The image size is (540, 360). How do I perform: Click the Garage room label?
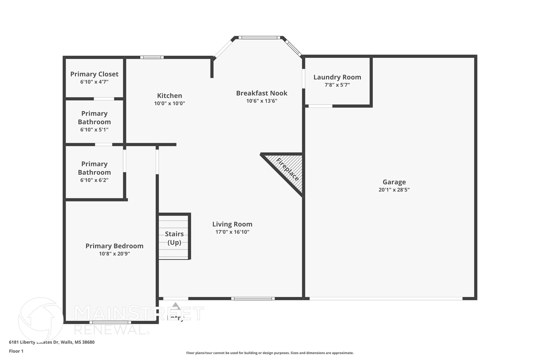(394, 182)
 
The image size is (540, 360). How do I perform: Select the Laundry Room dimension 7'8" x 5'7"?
(337, 85)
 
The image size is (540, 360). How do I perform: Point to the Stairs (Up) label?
(174, 238)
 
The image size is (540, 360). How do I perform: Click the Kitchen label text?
(170, 95)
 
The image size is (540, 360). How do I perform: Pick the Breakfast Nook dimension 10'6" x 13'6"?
(262, 101)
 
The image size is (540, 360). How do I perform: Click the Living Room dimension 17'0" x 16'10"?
(232, 232)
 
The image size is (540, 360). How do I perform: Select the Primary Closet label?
(94, 74)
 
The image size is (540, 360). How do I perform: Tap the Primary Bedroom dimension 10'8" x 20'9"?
(114, 254)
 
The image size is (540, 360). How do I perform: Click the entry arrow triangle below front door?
(176, 306)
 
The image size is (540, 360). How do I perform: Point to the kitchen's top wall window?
(152, 57)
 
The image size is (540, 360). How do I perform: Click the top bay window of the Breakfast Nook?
(259, 37)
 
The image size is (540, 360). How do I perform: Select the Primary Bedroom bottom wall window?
(110, 322)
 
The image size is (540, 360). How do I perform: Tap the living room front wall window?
(253, 299)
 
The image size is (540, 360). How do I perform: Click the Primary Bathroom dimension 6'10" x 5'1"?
(94, 129)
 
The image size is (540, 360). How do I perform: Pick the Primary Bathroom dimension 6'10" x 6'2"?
(94, 180)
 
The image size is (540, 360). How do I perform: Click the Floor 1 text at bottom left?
(16, 351)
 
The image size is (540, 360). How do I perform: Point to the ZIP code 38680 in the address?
(88, 342)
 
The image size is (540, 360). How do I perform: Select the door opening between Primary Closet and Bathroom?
(104, 99)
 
